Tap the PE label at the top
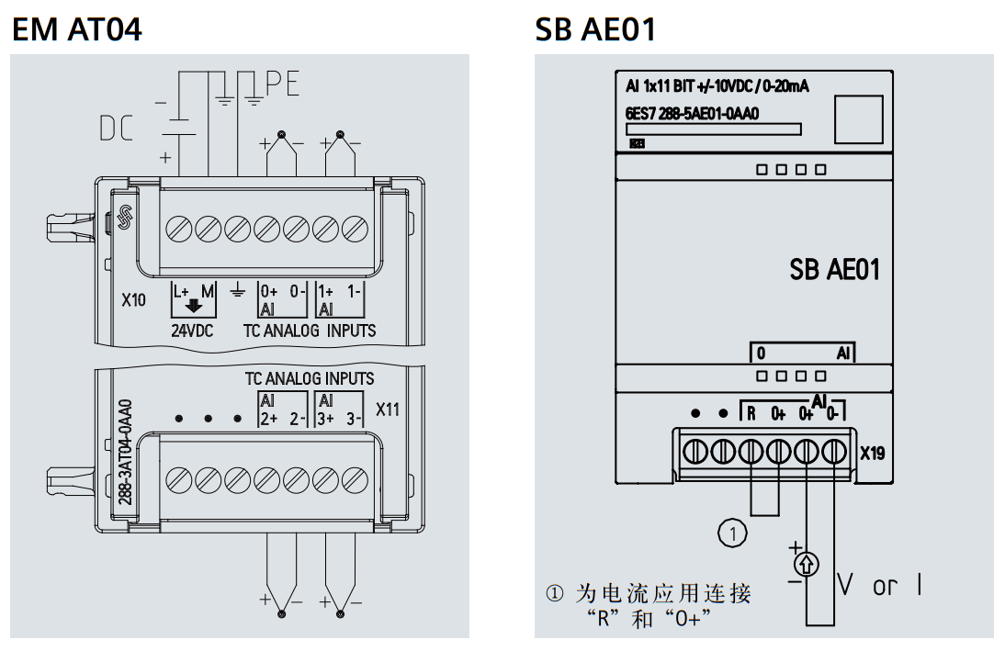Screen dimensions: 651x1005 click(283, 84)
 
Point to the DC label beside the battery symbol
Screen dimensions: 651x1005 click(117, 129)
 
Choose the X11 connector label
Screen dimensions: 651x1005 click(389, 410)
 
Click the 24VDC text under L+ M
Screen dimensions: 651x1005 click(192, 330)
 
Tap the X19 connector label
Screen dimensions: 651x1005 click(873, 453)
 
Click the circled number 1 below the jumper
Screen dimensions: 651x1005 click(732, 533)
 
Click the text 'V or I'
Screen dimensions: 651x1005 click(880, 585)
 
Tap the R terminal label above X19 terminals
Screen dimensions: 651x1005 click(751, 414)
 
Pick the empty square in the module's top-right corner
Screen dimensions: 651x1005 click(857, 119)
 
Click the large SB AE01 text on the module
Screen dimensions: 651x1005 click(834, 269)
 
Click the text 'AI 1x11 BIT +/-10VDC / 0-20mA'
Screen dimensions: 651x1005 click(716, 87)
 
